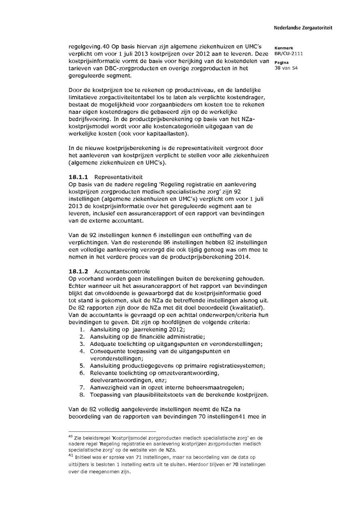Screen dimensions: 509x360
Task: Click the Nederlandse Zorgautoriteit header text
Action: coord(303,28)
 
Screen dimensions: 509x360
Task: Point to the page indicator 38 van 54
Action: coord(286,68)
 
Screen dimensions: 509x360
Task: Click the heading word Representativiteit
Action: coord(118,177)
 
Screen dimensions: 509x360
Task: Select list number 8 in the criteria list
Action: coord(82,395)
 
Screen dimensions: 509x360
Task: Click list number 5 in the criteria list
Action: coord(82,365)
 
